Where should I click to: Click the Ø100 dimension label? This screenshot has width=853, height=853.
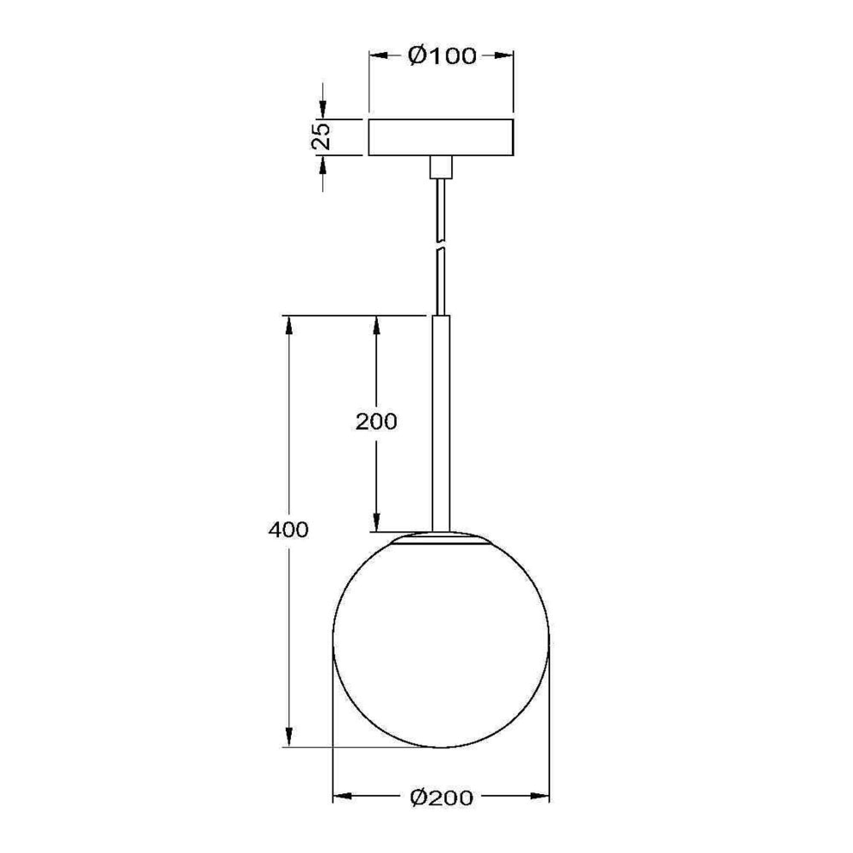tap(442, 56)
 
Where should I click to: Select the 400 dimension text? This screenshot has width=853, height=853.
tap(288, 530)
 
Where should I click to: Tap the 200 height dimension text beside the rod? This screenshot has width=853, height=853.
tap(376, 422)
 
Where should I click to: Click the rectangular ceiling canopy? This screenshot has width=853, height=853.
tap(441, 137)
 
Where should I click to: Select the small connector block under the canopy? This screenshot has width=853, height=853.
tap(441, 167)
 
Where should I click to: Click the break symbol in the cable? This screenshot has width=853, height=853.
tap(441, 246)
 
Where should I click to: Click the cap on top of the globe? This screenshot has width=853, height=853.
tap(441, 539)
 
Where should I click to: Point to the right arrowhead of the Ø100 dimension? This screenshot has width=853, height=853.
tap(504, 56)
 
